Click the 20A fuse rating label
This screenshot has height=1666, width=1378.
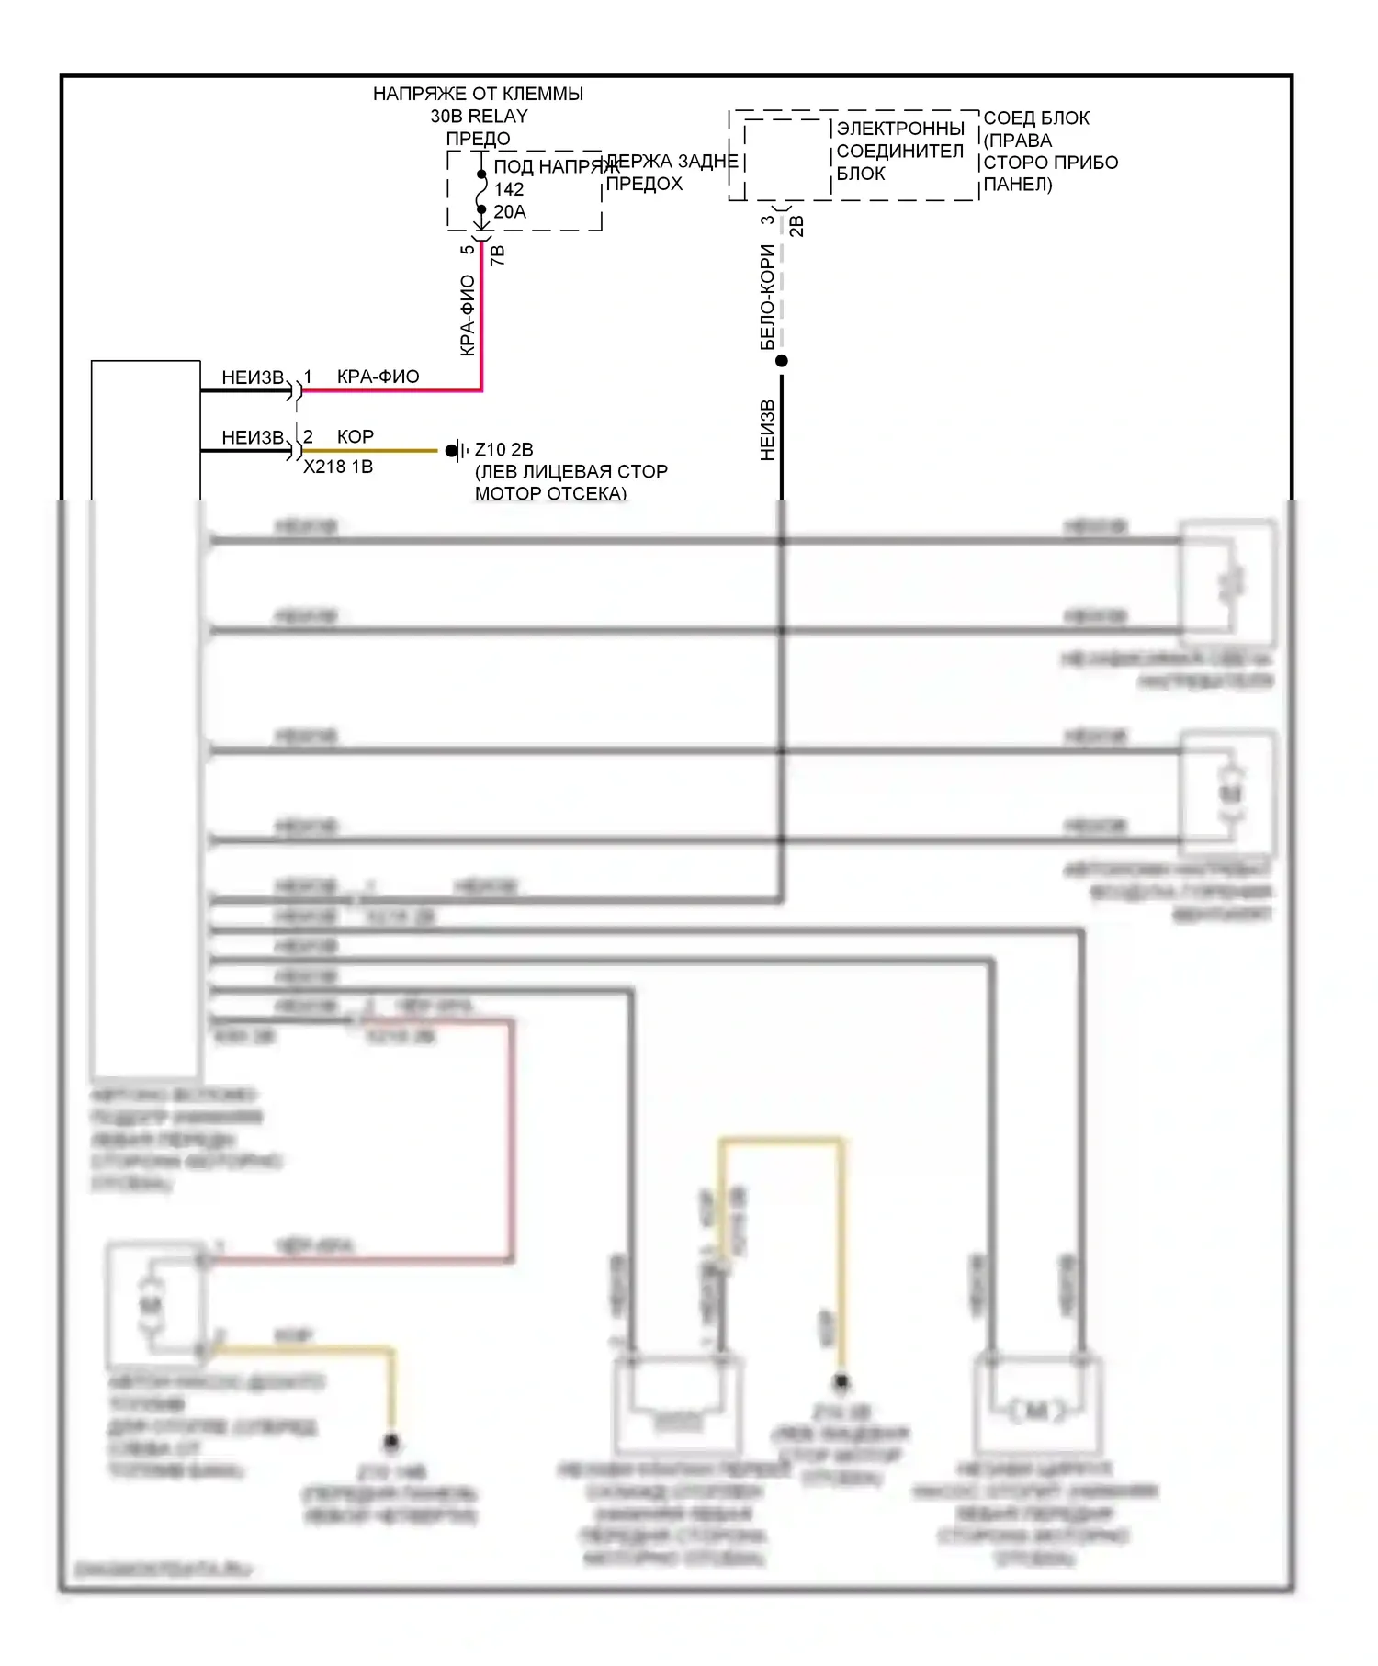pyautogui.click(x=510, y=212)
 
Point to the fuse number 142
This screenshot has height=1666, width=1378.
pyautogui.click(x=509, y=189)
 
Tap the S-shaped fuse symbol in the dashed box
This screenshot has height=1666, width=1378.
pyautogui.click(x=481, y=192)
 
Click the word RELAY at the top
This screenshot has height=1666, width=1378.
pyautogui.click(x=498, y=117)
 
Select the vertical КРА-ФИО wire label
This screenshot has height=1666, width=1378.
pyautogui.click(x=468, y=315)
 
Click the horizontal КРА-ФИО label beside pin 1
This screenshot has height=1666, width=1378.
pyautogui.click(x=378, y=377)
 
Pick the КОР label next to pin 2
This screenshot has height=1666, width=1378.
pyautogui.click(x=356, y=436)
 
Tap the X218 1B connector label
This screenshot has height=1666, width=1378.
pyautogui.click(x=338, y=467)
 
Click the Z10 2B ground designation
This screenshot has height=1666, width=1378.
pyautogui.click(x=503, y=450)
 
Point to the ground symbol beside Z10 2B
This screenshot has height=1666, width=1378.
pyautogui.click(x=455, y=451)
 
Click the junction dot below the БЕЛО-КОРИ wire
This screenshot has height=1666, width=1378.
pyautogui.click(x=782, y=361)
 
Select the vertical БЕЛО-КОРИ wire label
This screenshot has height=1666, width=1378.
pyautogui.click(x=768, y=297)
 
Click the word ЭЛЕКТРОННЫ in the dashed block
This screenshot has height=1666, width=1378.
pyautogui.click(x=900, y=129)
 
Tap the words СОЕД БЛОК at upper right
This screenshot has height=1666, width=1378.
pyautogui.click(x=1036, y=118)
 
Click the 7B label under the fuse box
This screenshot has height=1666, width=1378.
pyautogui.click(x=498, y=255)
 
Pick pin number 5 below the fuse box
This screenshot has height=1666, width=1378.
pyautogui.click(x=468, y=250)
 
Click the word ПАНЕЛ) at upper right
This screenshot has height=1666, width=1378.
pyautogui.click(x=1018, y=185)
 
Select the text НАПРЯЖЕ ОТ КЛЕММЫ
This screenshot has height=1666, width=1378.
pyautogui.click(x=478, y=94)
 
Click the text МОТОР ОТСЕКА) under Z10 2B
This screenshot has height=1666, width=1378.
pyautogui.click(x=550, y=493)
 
